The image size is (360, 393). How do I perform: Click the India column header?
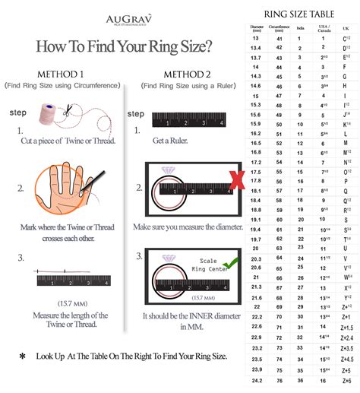[x=302, y=29]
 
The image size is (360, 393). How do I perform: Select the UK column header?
[x=347, y=29]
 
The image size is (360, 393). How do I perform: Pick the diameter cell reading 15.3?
[x=257, y=105]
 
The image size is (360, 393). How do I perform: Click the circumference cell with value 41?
[x=279, y=38]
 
